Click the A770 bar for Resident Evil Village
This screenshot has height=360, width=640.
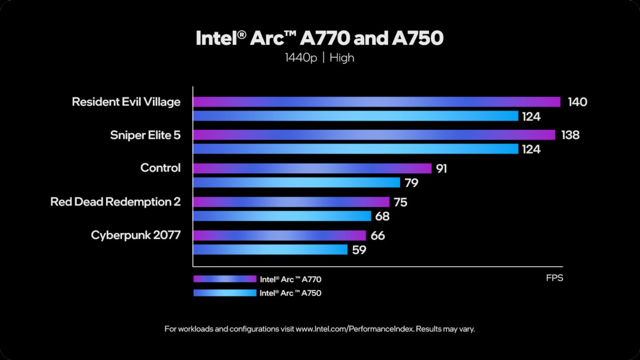coord(376,102)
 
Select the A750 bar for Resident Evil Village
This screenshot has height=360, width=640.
coord(355,116)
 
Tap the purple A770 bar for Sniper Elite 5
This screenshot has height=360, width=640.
coord(374,135)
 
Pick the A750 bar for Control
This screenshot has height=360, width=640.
coord(297,183)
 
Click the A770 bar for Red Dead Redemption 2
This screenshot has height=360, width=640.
coord(291,202)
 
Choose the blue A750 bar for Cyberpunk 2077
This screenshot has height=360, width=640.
coord(270,250)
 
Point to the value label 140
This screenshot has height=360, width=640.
coord(577,102)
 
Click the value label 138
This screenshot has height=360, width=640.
coord(570,135)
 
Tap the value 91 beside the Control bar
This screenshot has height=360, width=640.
coord(441,168)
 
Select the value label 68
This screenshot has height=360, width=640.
coord(382,216)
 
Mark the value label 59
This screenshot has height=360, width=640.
coord(359,250)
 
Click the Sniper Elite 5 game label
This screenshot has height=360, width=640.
coord(145,135)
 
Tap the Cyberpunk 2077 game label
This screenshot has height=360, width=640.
coord(136,235)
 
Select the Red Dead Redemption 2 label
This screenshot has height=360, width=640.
coord(115,202)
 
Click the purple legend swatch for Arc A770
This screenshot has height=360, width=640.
coord(224,279)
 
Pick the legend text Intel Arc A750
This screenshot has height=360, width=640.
coord(290,293)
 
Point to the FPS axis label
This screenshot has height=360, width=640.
coord(554,278)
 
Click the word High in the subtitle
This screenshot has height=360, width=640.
coord(342,58)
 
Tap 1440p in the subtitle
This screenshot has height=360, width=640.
coord(301,58)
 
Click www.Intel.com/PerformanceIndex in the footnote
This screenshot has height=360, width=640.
coord(355,329)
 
